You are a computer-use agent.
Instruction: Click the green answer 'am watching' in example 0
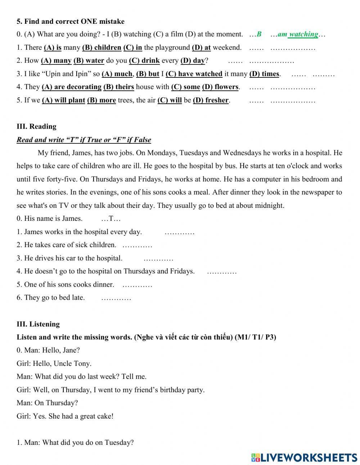click(x=298, y=35)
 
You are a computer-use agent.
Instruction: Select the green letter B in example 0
click(x=259, y=35)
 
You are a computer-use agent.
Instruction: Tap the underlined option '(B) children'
click(x=102, y=48)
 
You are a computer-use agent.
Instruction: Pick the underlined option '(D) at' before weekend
click(x=201, y=48)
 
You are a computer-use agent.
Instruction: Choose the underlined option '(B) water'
click(x=89, y=61)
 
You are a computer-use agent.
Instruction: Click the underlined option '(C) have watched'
click(x=194, y=74)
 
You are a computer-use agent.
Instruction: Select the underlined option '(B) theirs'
click(x=118, y=87)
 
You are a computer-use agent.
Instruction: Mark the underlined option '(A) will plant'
click(x=64, y=100)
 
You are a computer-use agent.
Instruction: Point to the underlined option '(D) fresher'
click(x=211, y=100)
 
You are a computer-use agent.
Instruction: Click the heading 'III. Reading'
click(x=36, y=126)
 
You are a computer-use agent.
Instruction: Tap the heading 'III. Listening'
click(x=38, y=324)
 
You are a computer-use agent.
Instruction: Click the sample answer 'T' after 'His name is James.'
click(x=111, y=219)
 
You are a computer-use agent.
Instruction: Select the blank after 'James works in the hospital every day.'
click(x=179, y=232)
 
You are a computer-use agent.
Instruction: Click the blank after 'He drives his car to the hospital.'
click(x=158, y=259)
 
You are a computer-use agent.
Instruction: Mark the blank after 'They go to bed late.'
click(x=116, y=298)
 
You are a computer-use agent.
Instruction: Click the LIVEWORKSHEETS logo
click(x=304, y=457)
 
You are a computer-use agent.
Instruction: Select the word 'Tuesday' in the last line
click(x=118, y=443)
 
